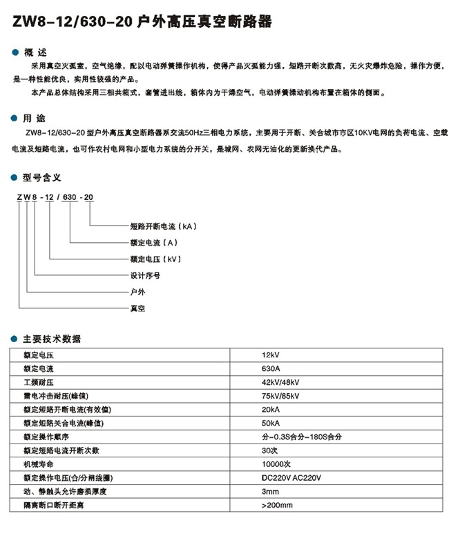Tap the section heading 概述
click(x=33, y=52)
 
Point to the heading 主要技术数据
click(x=52, y=339)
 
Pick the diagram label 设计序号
click(x=146, y=275)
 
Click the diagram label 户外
click(x=137, y=292)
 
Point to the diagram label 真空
click(x=137, y=308)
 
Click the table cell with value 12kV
click(x=271, y=355)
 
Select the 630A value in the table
click(x=271, y=369)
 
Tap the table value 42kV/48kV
click(x=280, y=382)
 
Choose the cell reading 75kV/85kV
click(x=280, y=396)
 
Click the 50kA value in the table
click(x=271, y=423)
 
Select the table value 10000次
click(x=277, y=464)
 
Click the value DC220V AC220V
click(x=292, y=478)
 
